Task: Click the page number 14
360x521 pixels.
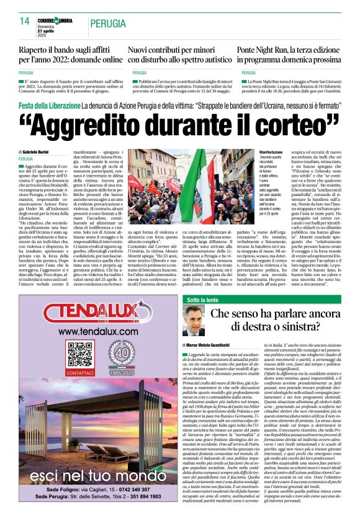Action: pyautogui.click(x=24, y=22)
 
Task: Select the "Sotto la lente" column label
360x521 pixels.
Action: pyautogui.click(x=203, y=300)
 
